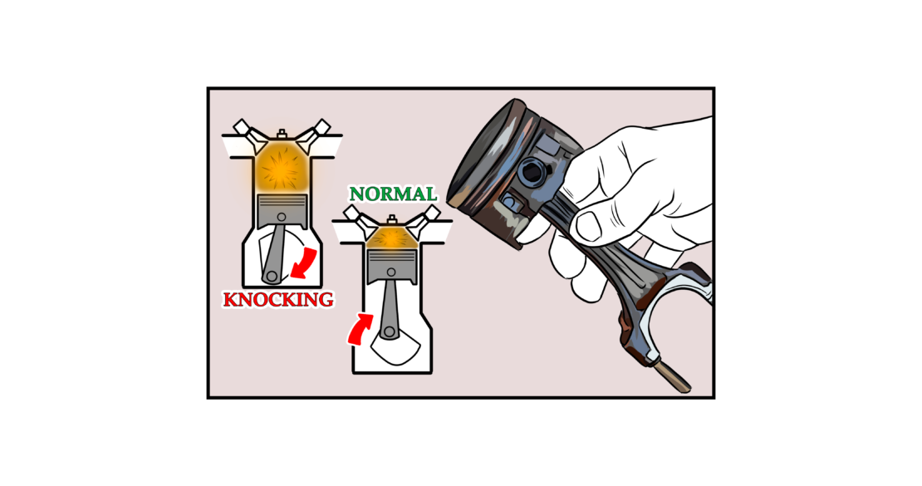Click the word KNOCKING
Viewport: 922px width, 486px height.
point(277,299)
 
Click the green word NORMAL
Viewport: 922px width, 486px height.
point(393,194)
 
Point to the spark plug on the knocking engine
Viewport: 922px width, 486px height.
point(282,133)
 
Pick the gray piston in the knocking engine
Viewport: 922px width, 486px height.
point(282,209)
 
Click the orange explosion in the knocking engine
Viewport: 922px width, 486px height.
point(282,166)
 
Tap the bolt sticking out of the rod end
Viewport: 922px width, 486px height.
point(675,377)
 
